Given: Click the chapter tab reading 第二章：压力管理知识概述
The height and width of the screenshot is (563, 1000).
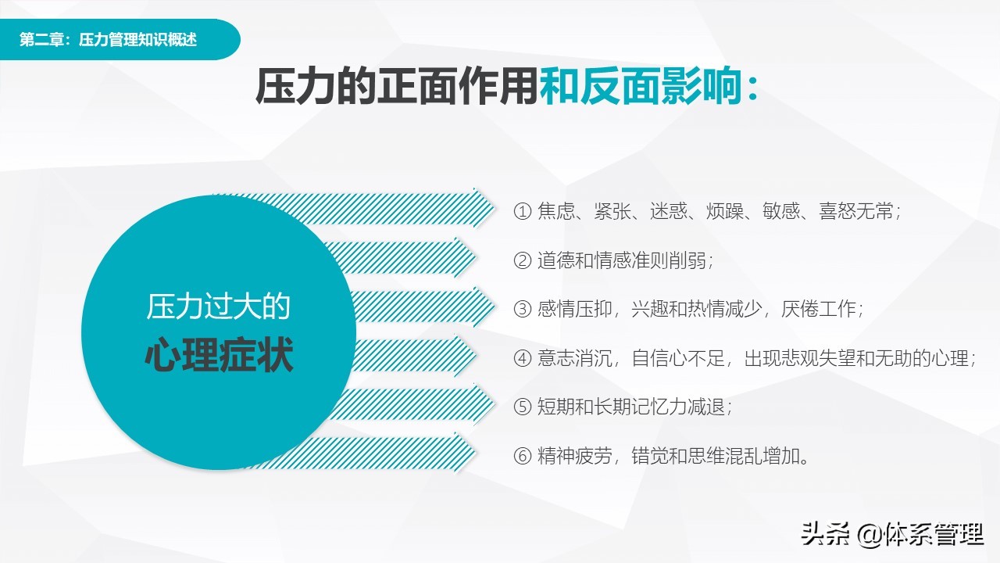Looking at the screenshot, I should coord(108,40).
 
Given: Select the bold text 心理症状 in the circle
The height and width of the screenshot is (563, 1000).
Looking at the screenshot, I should coord(219,356).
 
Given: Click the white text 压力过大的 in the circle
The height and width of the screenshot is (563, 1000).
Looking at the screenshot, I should coord(219,307).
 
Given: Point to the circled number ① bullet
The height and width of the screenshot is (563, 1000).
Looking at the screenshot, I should coord(522,212).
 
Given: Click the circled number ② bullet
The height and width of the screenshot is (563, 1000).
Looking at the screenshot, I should coord(522,261).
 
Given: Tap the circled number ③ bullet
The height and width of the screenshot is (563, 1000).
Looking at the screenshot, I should coord(522,310).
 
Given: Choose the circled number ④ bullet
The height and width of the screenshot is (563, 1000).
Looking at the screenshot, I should coord(522,359).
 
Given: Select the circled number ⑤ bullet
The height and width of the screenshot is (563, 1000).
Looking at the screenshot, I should coord(522,407).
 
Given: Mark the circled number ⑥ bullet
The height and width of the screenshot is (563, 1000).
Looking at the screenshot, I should coord(522,457).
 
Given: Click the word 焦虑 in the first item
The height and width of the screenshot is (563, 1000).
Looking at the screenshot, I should coord(556,212).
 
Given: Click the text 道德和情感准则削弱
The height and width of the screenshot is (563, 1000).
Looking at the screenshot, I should coord(624,261).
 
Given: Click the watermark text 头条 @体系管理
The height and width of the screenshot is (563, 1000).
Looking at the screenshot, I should coord(892,535).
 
